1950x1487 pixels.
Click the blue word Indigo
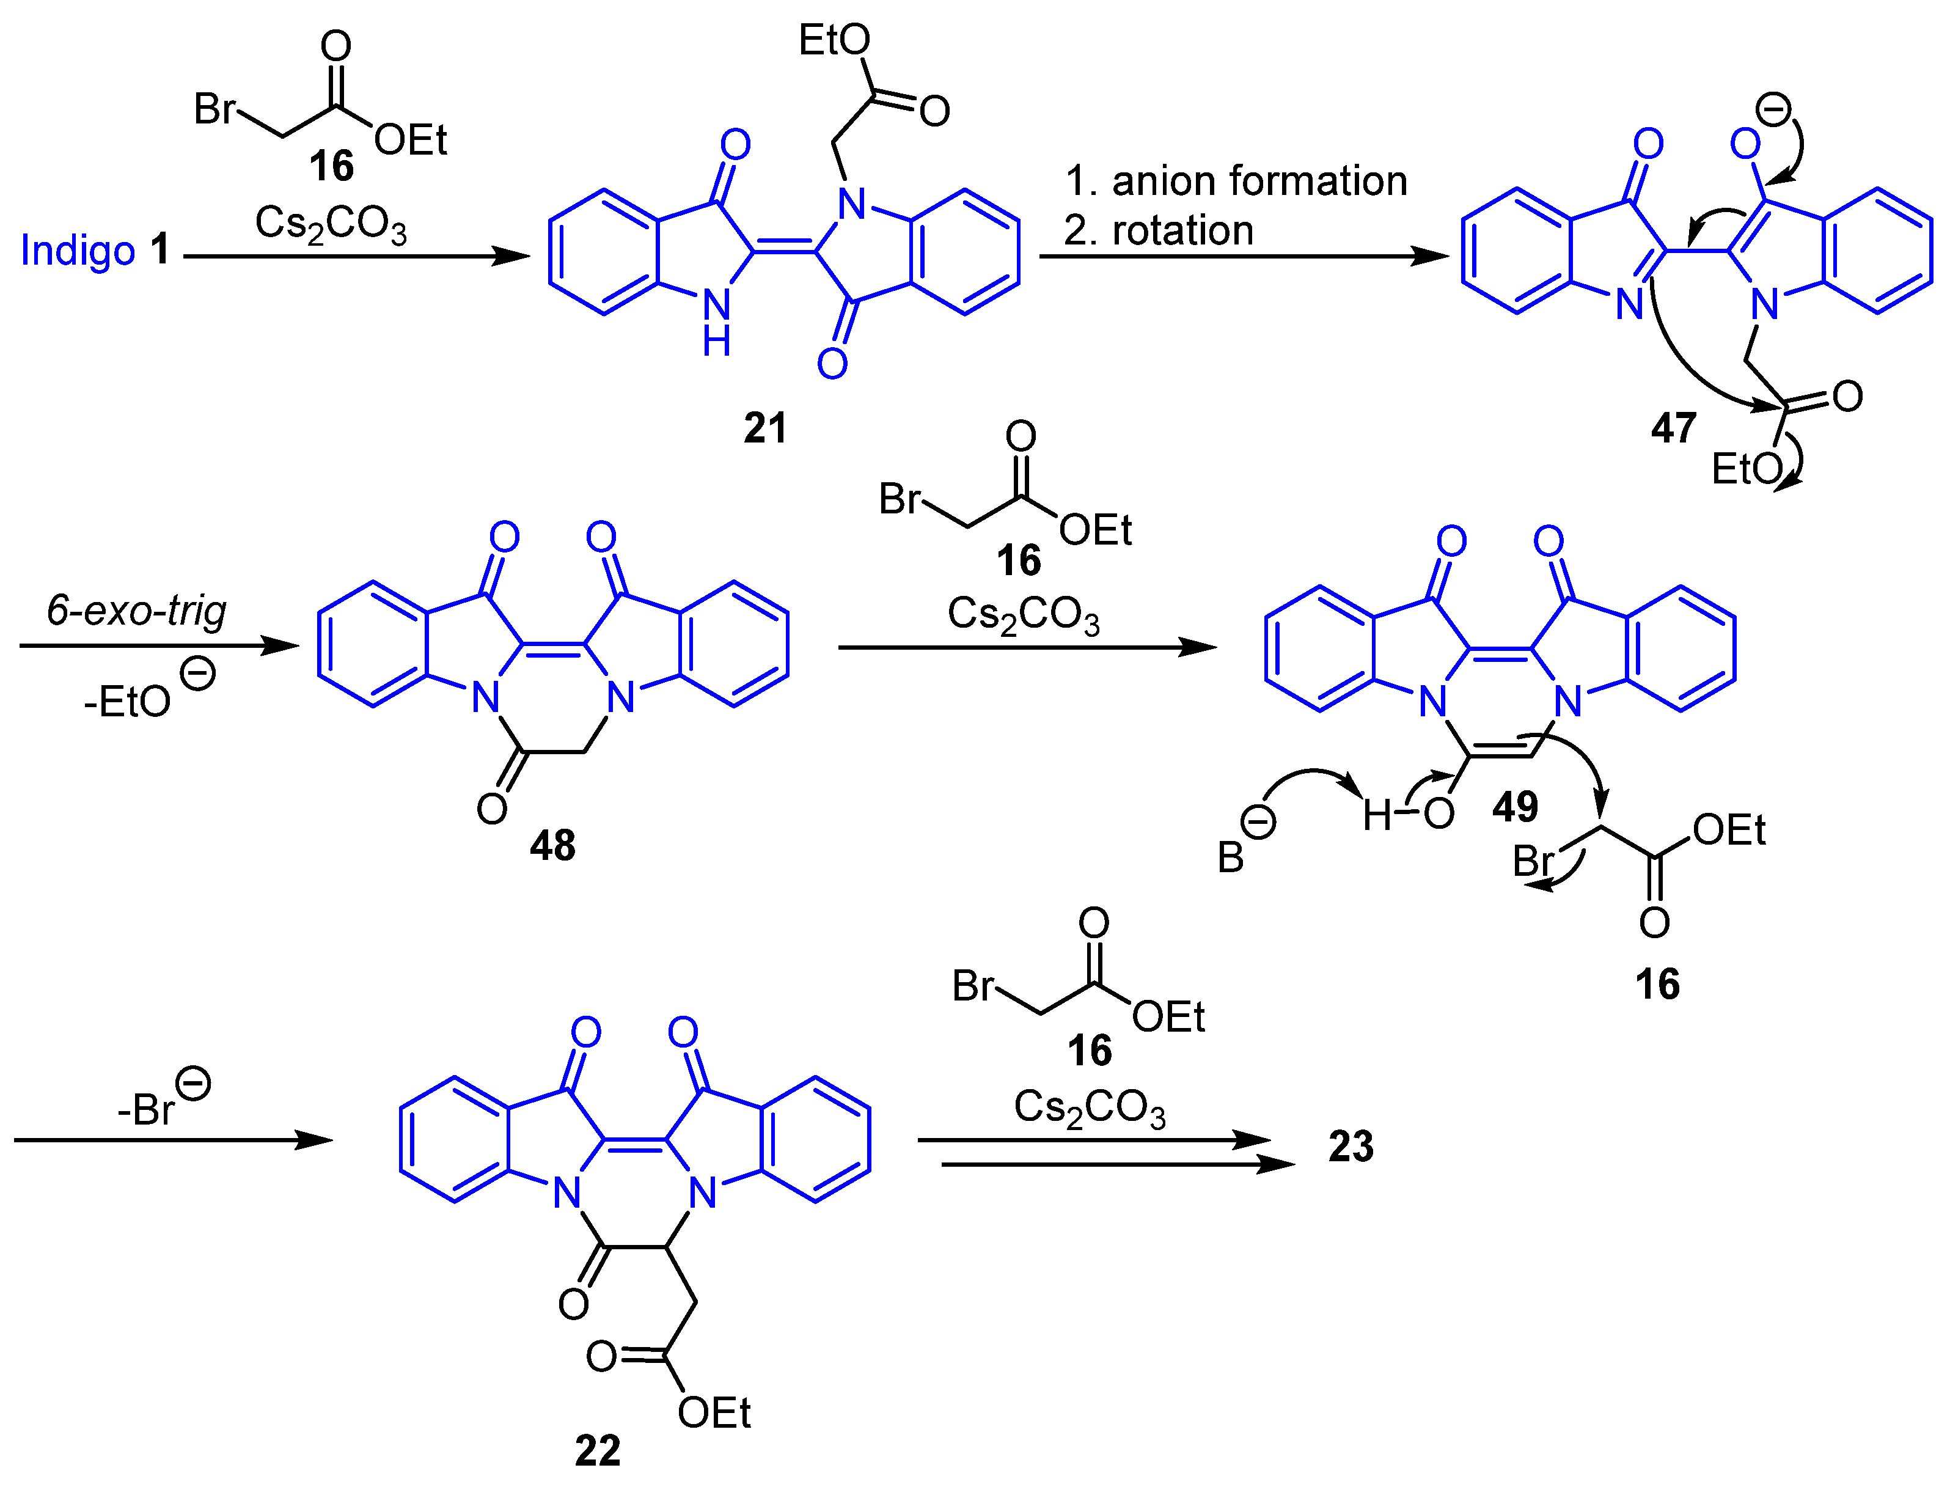click(77, 251)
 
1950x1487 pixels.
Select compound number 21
click(764, 428)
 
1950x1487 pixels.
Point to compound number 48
click(552, 845)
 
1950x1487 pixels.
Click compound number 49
click(1515, 806)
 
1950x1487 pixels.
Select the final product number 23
click(1350, 1146)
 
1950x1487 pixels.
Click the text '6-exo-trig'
click(136, 611)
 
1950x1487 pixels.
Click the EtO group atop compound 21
click(834, 40)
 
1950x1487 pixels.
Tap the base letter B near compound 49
click(1230, 857)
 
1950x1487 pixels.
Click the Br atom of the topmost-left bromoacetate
click(214, 109)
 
